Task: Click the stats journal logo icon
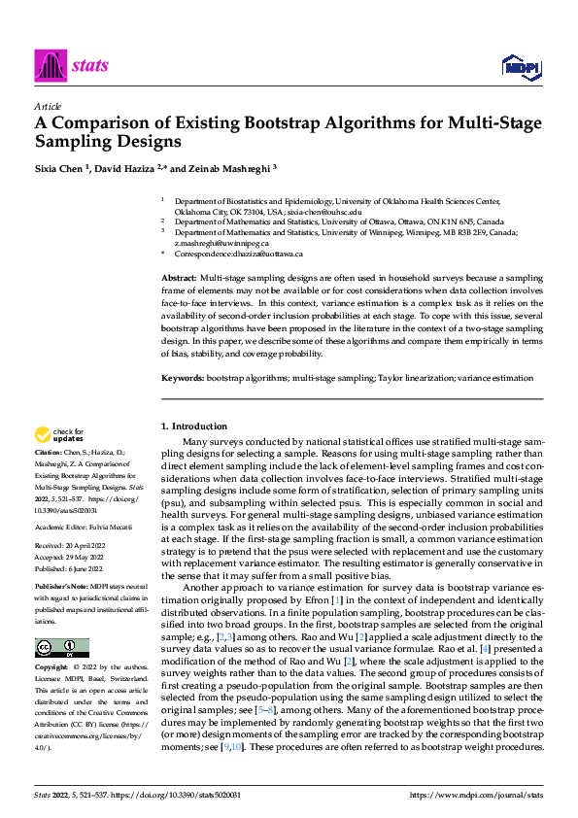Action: (x=49, y=65)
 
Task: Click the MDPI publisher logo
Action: (x=518, y=67)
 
